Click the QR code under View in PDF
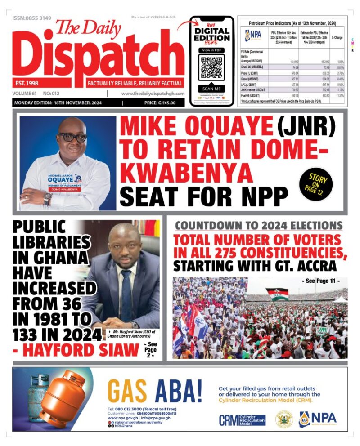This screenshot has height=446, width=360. click(x=211, y=67)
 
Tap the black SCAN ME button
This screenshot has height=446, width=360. click(x=211, y=89)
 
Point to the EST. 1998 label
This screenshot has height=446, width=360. click(x=26, y=83)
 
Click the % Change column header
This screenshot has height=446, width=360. click(x=337, y=38)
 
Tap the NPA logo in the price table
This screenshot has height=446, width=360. click(x=253, y=35)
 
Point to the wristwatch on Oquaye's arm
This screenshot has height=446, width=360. click(x=48, y=198)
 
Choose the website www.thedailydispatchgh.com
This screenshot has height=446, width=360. click(x=153, y=94)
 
